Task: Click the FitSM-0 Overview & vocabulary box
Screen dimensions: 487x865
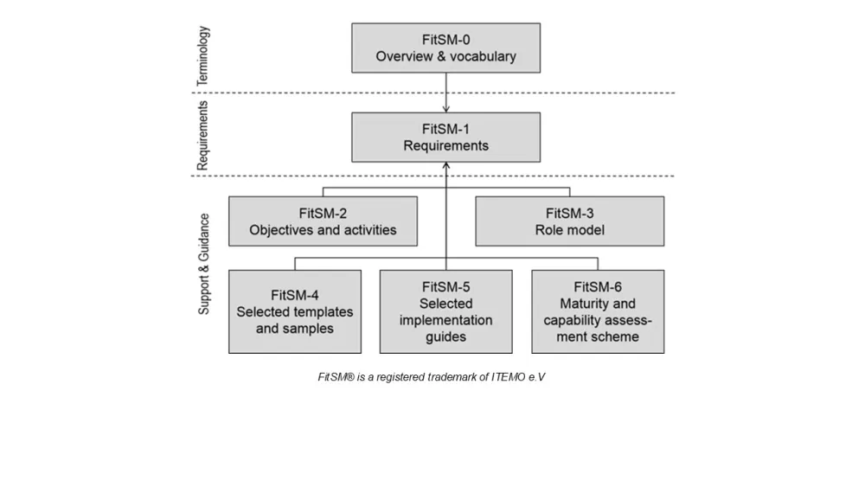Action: pyautogui.click(x=445, y=48)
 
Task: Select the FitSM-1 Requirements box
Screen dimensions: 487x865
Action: pyautogui.click(x=445, y=137)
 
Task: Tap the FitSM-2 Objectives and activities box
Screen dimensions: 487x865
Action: pyautogui.click(x=323, y=221)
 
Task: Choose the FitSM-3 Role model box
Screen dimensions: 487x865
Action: pyautogui.click(x=570, y=221)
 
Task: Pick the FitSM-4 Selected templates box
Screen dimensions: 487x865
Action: pyautogui.click(x=295, y=311)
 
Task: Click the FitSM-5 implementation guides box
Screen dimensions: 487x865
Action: pyautogui.click(x=445, y=311)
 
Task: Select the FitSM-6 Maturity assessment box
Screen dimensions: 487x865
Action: pyautogui.click(x=598, y=311)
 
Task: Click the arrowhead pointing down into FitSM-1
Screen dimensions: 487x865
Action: pyautogui.click(x=445, y=108)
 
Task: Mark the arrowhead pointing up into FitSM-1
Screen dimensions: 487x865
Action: pyautogui.click(x=445, y=167)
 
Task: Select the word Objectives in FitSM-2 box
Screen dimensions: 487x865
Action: pyautogui.click(x=283, y=230)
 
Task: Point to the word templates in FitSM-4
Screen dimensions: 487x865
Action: pyautogui.click(x=324, y=312)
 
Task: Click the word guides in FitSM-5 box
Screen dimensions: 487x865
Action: pyautogui.click(x=445, y=336)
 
